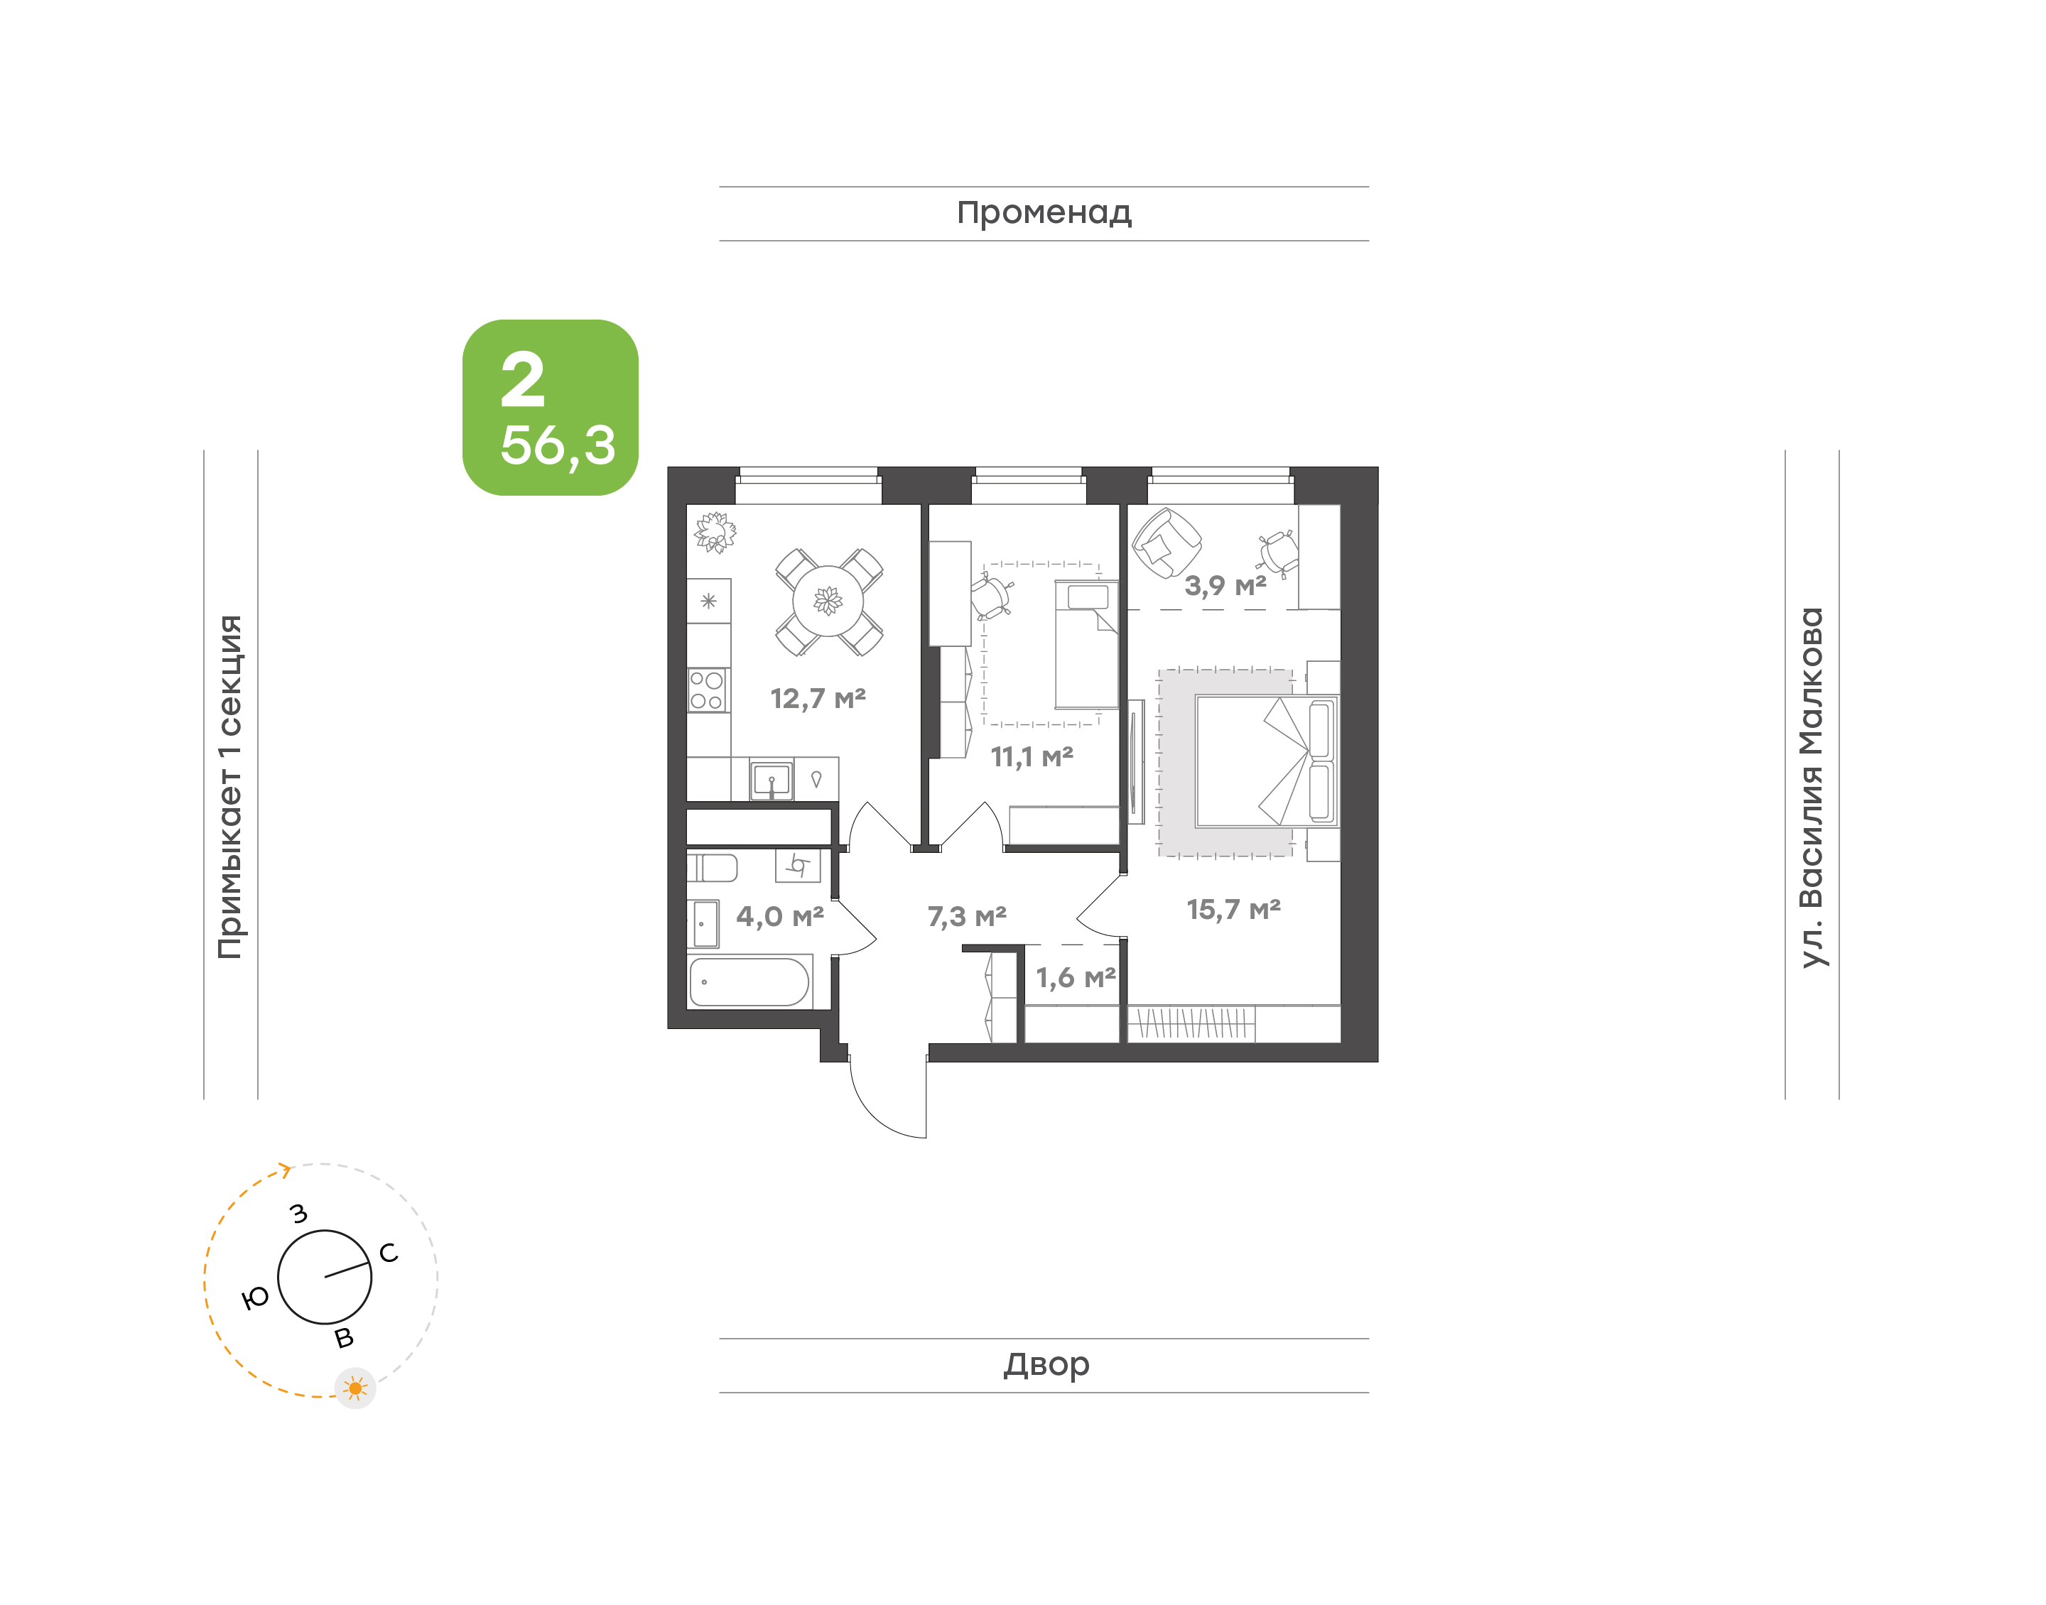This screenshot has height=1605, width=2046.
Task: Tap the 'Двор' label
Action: pyautogui.click(x=1046, y=1364)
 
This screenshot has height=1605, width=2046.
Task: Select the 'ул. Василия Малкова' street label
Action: pyautogui.click(x=1811, y=788)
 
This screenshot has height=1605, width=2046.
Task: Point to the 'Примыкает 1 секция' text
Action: pyautogui.click(x=230, y=787)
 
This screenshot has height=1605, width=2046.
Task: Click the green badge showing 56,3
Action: pyautogui.click(x=550, y=407)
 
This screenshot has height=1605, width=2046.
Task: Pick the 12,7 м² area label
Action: pyautogui.click(x=818, y=698)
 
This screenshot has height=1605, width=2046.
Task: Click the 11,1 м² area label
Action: pyautogui.click(x=1031, y=756)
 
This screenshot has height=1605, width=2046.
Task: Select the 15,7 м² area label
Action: pyautogui.click(x=1233, y=909)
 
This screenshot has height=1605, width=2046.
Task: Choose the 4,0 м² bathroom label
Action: pyautogui.click(x=779, y=916)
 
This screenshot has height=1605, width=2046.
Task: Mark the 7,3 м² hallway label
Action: pyautogui.click(x=966, y=916)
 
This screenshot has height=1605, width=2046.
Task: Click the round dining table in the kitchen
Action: pyautogui.click(x=827, y=601)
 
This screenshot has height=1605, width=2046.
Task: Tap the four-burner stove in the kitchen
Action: pyautogui.click(x=708, y=690)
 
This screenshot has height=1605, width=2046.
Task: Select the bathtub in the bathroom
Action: pyautogui.click(x=749, y=982)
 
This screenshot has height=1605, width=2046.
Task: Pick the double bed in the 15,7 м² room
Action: pyautogui.click(x=1266, y=761)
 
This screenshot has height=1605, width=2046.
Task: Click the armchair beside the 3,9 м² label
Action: pyautogui.click(x=1165, y=543)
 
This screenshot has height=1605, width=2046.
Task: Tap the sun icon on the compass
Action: pyautogui.click(x=355, y=1388)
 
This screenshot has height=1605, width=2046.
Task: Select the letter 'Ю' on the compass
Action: pyautogui.click(x=256, y=1297)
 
